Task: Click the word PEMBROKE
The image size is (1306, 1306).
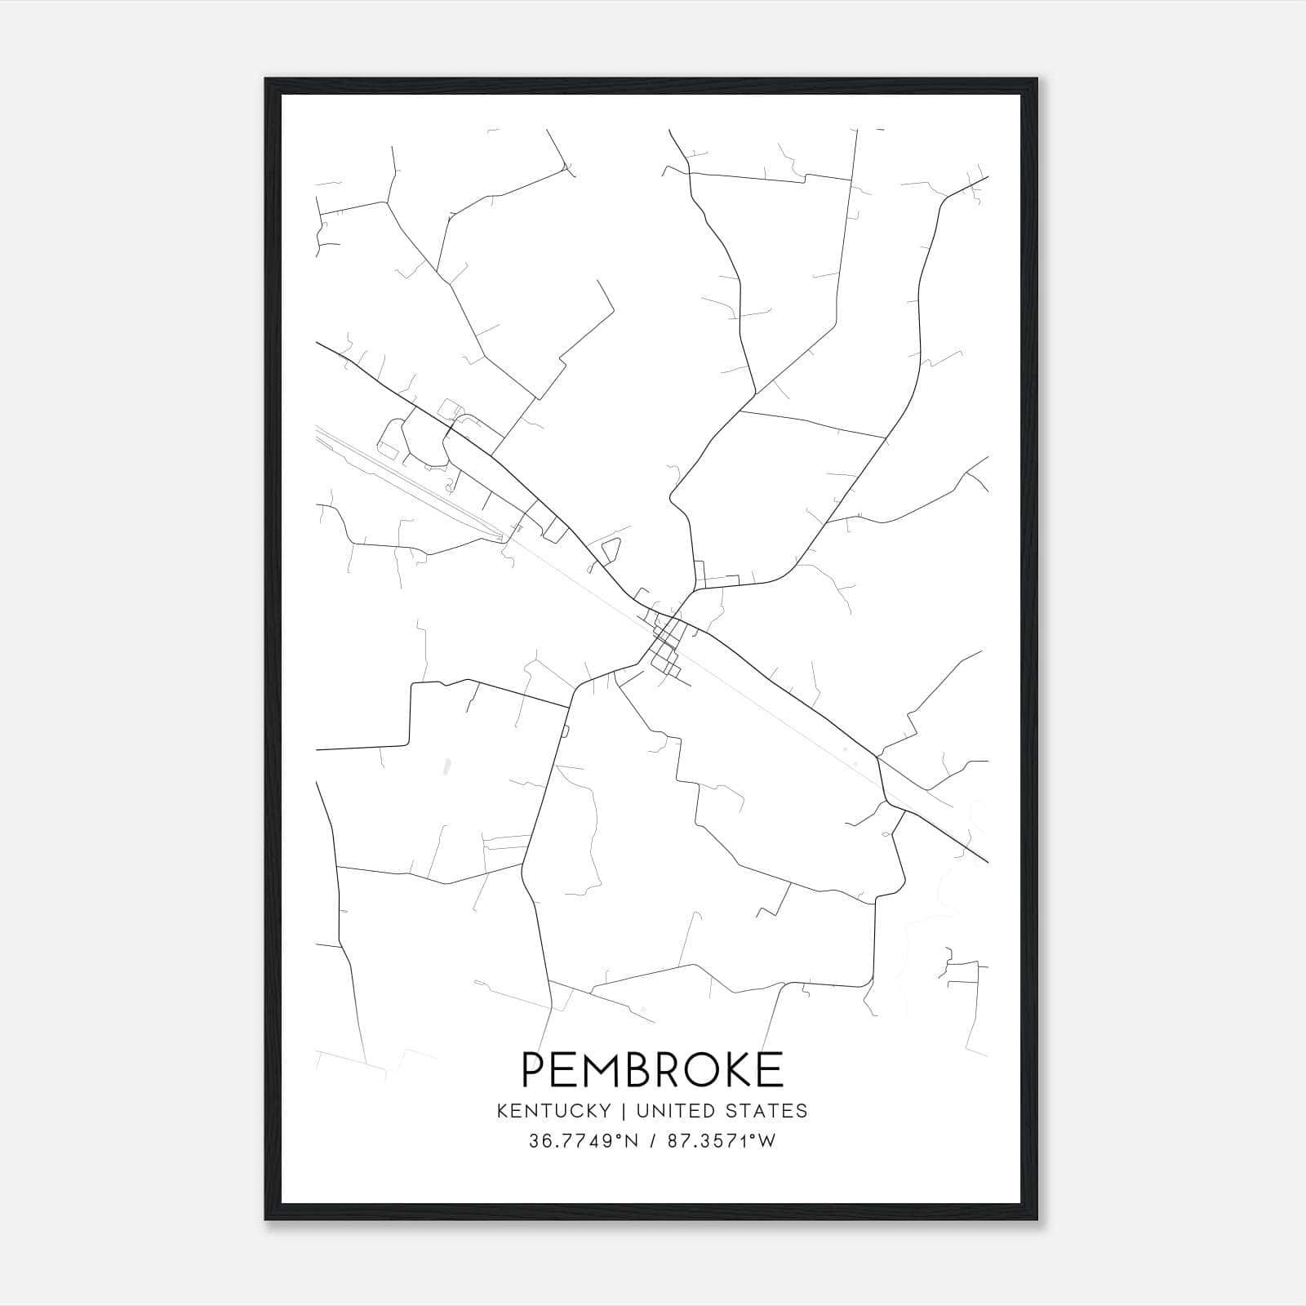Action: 652,1069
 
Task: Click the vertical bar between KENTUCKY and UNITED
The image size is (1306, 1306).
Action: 623,1111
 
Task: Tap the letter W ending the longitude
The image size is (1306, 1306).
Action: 766,1141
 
